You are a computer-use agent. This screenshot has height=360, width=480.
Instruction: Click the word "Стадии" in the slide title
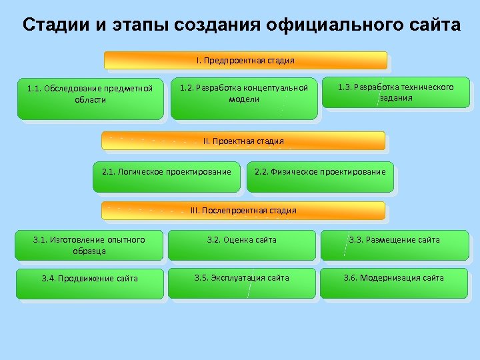point(54,26)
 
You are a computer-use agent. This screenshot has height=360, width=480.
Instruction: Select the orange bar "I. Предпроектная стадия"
point(245,61)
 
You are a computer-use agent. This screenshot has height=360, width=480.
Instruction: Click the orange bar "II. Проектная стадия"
point(243,141)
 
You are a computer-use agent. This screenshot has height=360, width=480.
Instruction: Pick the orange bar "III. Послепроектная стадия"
point(243,211)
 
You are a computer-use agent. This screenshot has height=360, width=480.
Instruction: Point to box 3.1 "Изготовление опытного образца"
point(89,245)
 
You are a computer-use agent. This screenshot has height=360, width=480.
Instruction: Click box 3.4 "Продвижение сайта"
point(89,283)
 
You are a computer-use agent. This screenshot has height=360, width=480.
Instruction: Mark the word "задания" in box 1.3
point(396,98)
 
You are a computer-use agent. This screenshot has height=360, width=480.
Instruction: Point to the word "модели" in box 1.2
point(244,99)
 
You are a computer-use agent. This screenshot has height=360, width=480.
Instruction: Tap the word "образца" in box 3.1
point(89,251)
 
